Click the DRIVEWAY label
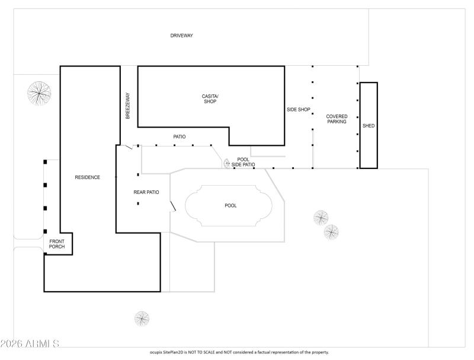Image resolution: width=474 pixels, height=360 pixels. tap(181, 36)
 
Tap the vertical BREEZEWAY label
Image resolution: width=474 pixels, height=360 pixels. tap(127, 106)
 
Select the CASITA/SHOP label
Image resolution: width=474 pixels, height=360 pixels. tap(210, 98)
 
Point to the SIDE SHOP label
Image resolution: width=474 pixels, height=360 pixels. tap(299, 109)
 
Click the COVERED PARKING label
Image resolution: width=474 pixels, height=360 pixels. tap(337, 119)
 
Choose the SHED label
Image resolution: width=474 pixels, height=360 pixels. tap(369, 126)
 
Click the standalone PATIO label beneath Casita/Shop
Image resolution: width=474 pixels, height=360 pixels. tap(180, 137)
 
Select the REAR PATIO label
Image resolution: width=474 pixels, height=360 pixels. tap(146, 192)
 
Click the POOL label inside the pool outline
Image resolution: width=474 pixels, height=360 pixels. tap(230, 206)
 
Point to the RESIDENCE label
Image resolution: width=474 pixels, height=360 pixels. tap(87, 177)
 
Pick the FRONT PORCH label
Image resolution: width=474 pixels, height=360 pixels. tap(57, 244)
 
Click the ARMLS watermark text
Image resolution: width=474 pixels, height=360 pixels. tap(30, 343)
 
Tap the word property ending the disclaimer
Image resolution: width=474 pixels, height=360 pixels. tap(313, 352)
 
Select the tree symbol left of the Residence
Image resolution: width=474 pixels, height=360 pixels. tap(40, 93)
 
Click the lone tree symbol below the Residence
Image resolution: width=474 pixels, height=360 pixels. tap(142, 319)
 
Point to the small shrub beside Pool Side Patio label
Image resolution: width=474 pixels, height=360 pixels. tap(226, 163)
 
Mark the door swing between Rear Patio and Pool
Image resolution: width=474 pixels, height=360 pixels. tap(172, 206)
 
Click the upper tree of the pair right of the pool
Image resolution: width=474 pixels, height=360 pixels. tap(321, 218)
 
